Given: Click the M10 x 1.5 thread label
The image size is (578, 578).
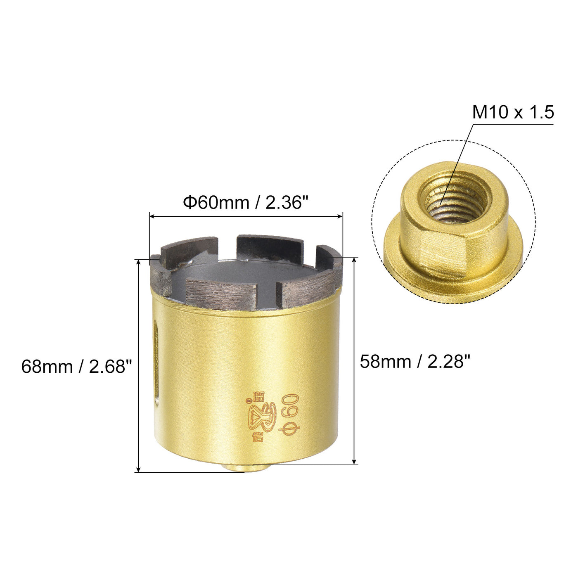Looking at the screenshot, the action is pos(513,112).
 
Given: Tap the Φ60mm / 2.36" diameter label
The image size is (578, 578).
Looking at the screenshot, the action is pos(246,203).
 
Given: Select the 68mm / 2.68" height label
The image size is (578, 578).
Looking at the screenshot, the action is pos(76,367).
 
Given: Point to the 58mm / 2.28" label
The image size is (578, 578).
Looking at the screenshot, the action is pos(415,362).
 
